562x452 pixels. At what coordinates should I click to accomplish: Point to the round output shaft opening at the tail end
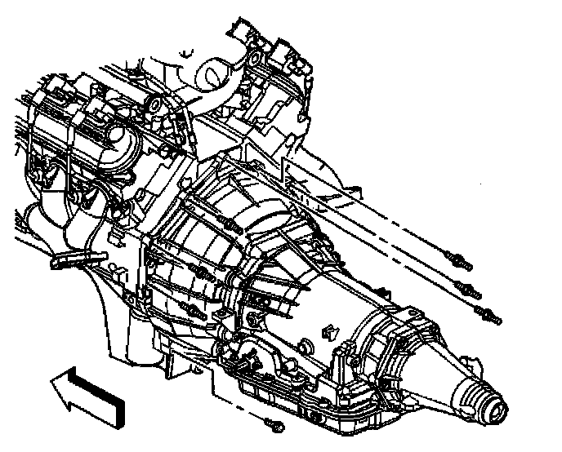click(x=493, y=401)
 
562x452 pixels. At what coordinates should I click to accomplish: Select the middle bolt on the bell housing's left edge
click(x=198, y=268)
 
